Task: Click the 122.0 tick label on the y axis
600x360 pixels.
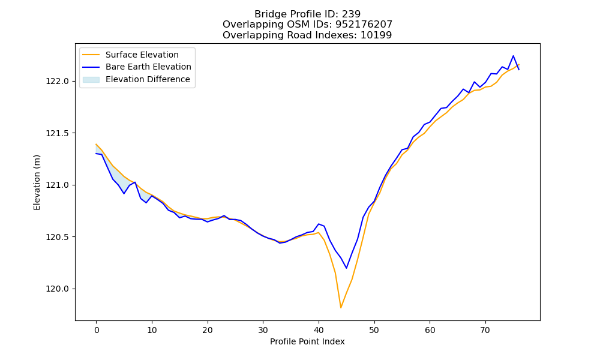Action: pyautogui.click(x=58, y=81)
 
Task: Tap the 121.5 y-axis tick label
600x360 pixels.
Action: pyautogui.click(x=58, y=133)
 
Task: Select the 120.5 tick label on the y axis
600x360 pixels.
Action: pyautogui.click(x=58, y=237)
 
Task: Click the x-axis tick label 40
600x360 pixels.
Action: pyautogui.click(x=319, y=330)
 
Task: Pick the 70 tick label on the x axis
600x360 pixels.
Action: pyautogui.click(x=485, y=330)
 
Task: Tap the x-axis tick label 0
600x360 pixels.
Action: pyautogui.click(x=97, y=330)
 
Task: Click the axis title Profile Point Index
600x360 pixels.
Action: pyautogui.click(x=307, y=341)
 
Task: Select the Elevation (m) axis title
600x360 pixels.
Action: pyautogui.click(x=37, y=182)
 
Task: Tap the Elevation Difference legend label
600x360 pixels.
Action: pyautogui.click(x=148, y=79)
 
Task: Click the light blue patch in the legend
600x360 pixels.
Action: pyautogui.click(x=91, y=79)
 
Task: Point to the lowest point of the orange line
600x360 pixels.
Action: pyautogui.click(x=341, y=308)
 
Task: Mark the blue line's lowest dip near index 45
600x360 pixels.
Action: pyautogui.click(x=346, y=268)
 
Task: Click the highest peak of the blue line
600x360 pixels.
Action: pyautogui.click(x=513, y=56)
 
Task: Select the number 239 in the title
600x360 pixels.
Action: pyautogui.click(x=351, y=14)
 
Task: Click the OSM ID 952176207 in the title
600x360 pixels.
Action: pyautogui.click(x=364, y=25)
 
